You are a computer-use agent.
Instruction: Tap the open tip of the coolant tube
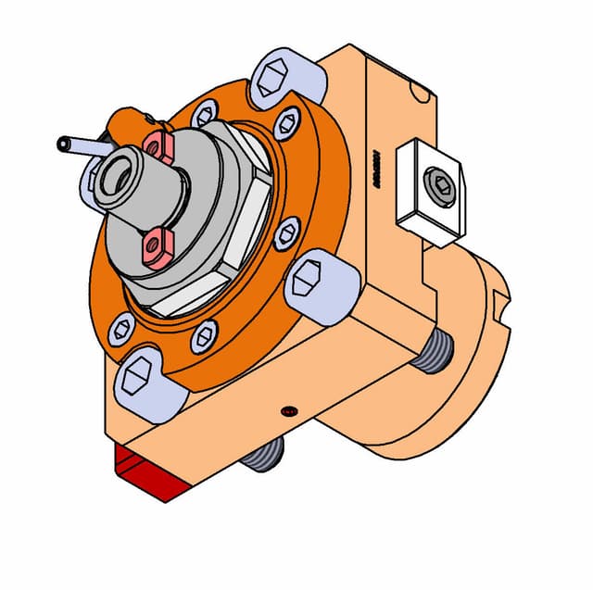click(63, 144)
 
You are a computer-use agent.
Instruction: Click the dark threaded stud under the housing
click(267, 453)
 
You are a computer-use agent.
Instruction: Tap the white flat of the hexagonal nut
click(185, 298)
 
